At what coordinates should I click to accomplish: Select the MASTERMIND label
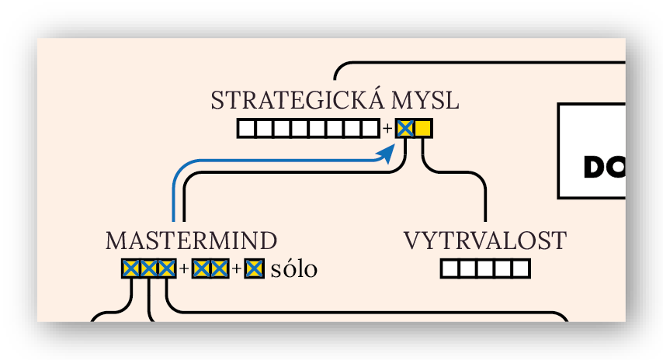coord(191,241)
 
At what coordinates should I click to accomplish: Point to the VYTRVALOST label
coord(485,241)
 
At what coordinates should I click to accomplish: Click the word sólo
coord(294,269)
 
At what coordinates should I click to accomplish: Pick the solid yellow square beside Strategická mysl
coord(423,129)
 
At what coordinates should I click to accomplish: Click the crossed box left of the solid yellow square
coord(404,129)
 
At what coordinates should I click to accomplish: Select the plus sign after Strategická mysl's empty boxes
coord(387,129)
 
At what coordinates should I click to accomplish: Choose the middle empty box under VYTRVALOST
coord(485,269)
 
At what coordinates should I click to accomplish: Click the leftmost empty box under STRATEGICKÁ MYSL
coord(246,129)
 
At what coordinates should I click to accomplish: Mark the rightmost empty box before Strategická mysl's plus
coord(371,129)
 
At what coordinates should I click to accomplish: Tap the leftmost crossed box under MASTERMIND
coord(130,269)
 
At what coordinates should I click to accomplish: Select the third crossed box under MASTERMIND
coord(167,269)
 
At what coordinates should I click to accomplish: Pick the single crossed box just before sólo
coord(254,269)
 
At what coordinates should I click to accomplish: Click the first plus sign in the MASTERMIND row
coord(184,270)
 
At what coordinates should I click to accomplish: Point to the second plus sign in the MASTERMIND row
coord(237,270)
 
